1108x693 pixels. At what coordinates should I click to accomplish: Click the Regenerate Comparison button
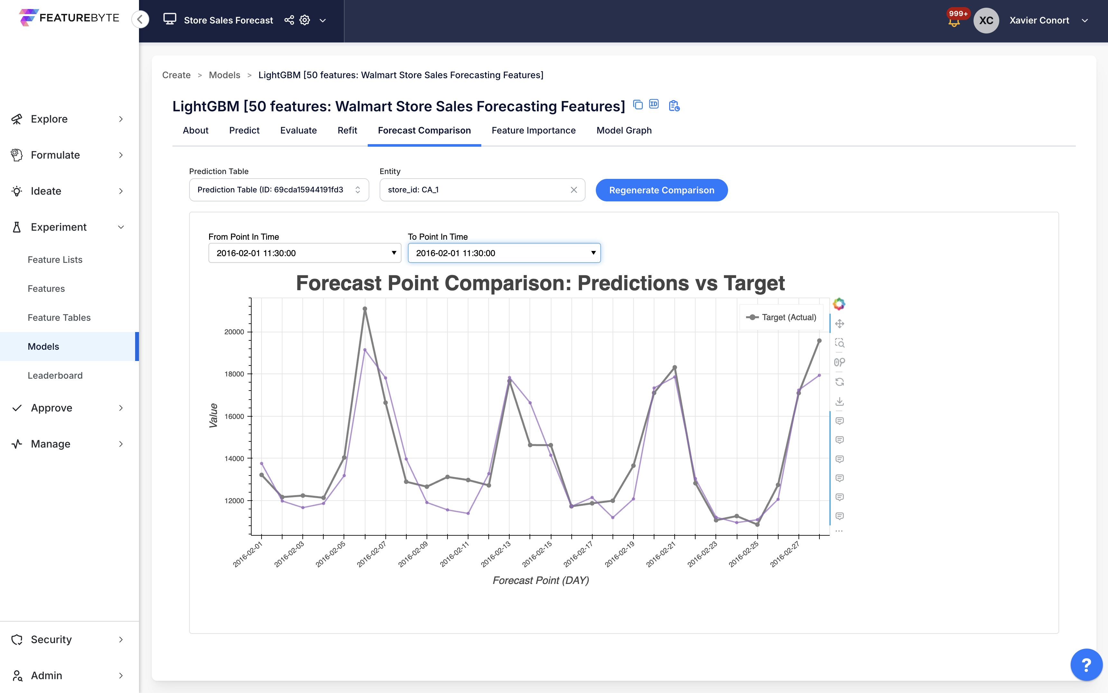[x=661, y=190]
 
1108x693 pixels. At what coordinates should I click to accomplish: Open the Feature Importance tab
[x=533, y=131]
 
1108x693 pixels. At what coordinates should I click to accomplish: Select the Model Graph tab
[x=623, y=131]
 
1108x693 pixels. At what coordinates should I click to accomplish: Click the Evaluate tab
[x=298, y=131]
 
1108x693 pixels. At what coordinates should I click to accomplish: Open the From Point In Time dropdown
[x=304, y=253]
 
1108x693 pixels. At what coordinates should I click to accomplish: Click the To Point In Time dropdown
[x=503, y=253]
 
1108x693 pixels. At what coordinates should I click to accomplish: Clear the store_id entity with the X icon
[x=573, y=190]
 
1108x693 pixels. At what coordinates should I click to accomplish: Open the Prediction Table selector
[x=279, y=190]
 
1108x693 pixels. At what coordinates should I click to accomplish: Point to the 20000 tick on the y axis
[x=234, y=332]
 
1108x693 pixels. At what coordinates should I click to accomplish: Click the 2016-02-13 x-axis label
[x=496, y=554]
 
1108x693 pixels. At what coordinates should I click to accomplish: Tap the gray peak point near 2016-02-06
[x=365, y=309]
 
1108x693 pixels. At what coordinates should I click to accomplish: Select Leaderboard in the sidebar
[x=55, y=375]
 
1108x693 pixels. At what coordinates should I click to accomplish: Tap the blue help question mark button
[x=1086, y=665]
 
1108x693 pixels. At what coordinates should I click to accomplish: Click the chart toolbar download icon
[x=839, y=402]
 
